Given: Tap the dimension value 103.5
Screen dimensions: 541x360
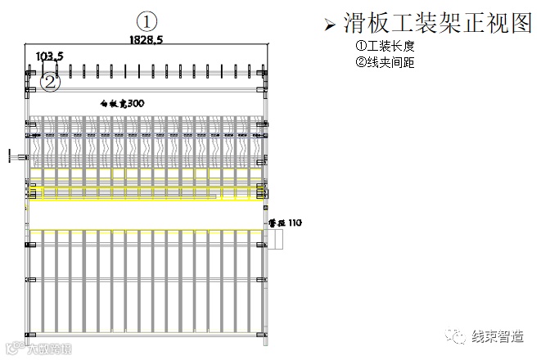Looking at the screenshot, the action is click(x=50, y=56).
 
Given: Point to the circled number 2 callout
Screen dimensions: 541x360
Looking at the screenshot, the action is click(x=51, y=81).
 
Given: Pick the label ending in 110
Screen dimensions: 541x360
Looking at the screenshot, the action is click(x=286, y=222).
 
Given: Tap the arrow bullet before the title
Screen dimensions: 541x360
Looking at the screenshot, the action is click(x=329, y=25).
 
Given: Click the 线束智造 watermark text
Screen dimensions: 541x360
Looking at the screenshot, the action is click(x=496, y=336).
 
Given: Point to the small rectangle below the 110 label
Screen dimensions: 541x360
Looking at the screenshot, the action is click(x=275, y=240).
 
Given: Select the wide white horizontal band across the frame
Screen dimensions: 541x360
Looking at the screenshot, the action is click(x=147, y=214).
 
